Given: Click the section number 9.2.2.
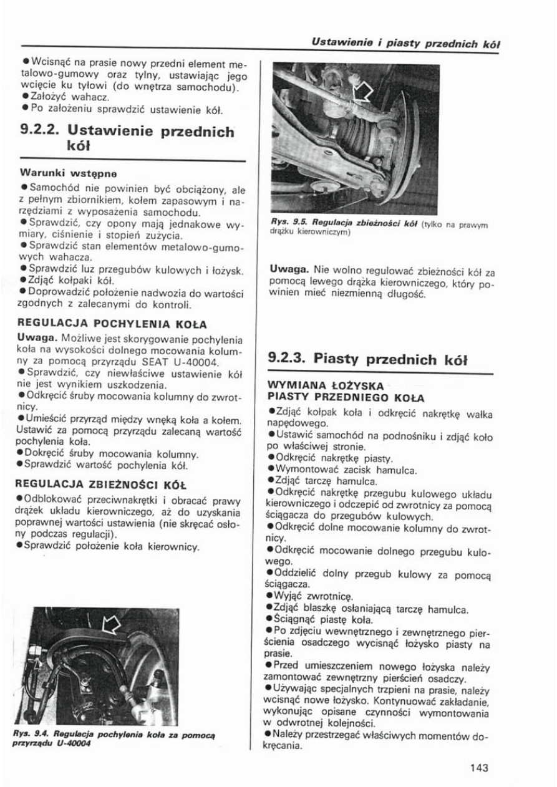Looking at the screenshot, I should coord(39,132).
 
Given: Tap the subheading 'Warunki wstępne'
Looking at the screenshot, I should coord(61,171).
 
